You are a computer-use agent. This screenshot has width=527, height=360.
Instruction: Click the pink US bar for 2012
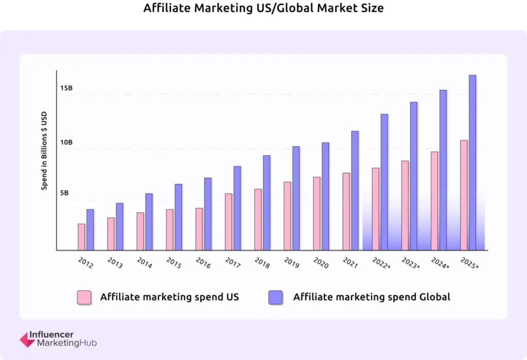[81, 237]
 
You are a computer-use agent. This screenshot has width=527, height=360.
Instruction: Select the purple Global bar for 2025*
[472, 163]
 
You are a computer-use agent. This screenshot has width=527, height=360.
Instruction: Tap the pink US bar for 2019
[287, 216]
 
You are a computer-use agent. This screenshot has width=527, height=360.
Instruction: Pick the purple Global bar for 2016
[207, 214]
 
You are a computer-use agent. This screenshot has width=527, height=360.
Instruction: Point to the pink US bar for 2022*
[375, 209]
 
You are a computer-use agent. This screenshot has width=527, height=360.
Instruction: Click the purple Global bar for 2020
[325, 196]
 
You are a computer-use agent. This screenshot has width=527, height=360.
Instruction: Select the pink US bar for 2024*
[434, 201]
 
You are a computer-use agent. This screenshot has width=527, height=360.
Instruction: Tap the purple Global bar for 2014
[149, 222]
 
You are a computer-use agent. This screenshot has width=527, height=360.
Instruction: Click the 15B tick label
[66, 88]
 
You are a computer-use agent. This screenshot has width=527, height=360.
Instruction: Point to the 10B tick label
[66, 142]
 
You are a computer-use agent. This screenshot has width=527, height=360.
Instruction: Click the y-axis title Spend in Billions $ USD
[44, 151]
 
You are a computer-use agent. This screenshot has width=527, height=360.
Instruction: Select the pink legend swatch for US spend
[84, 297]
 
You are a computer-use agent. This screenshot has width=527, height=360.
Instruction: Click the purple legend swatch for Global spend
[275, 297]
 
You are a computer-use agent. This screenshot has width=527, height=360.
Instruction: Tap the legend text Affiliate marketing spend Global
[372, 297]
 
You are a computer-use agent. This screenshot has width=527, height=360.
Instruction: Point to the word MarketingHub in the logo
[67, 343]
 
